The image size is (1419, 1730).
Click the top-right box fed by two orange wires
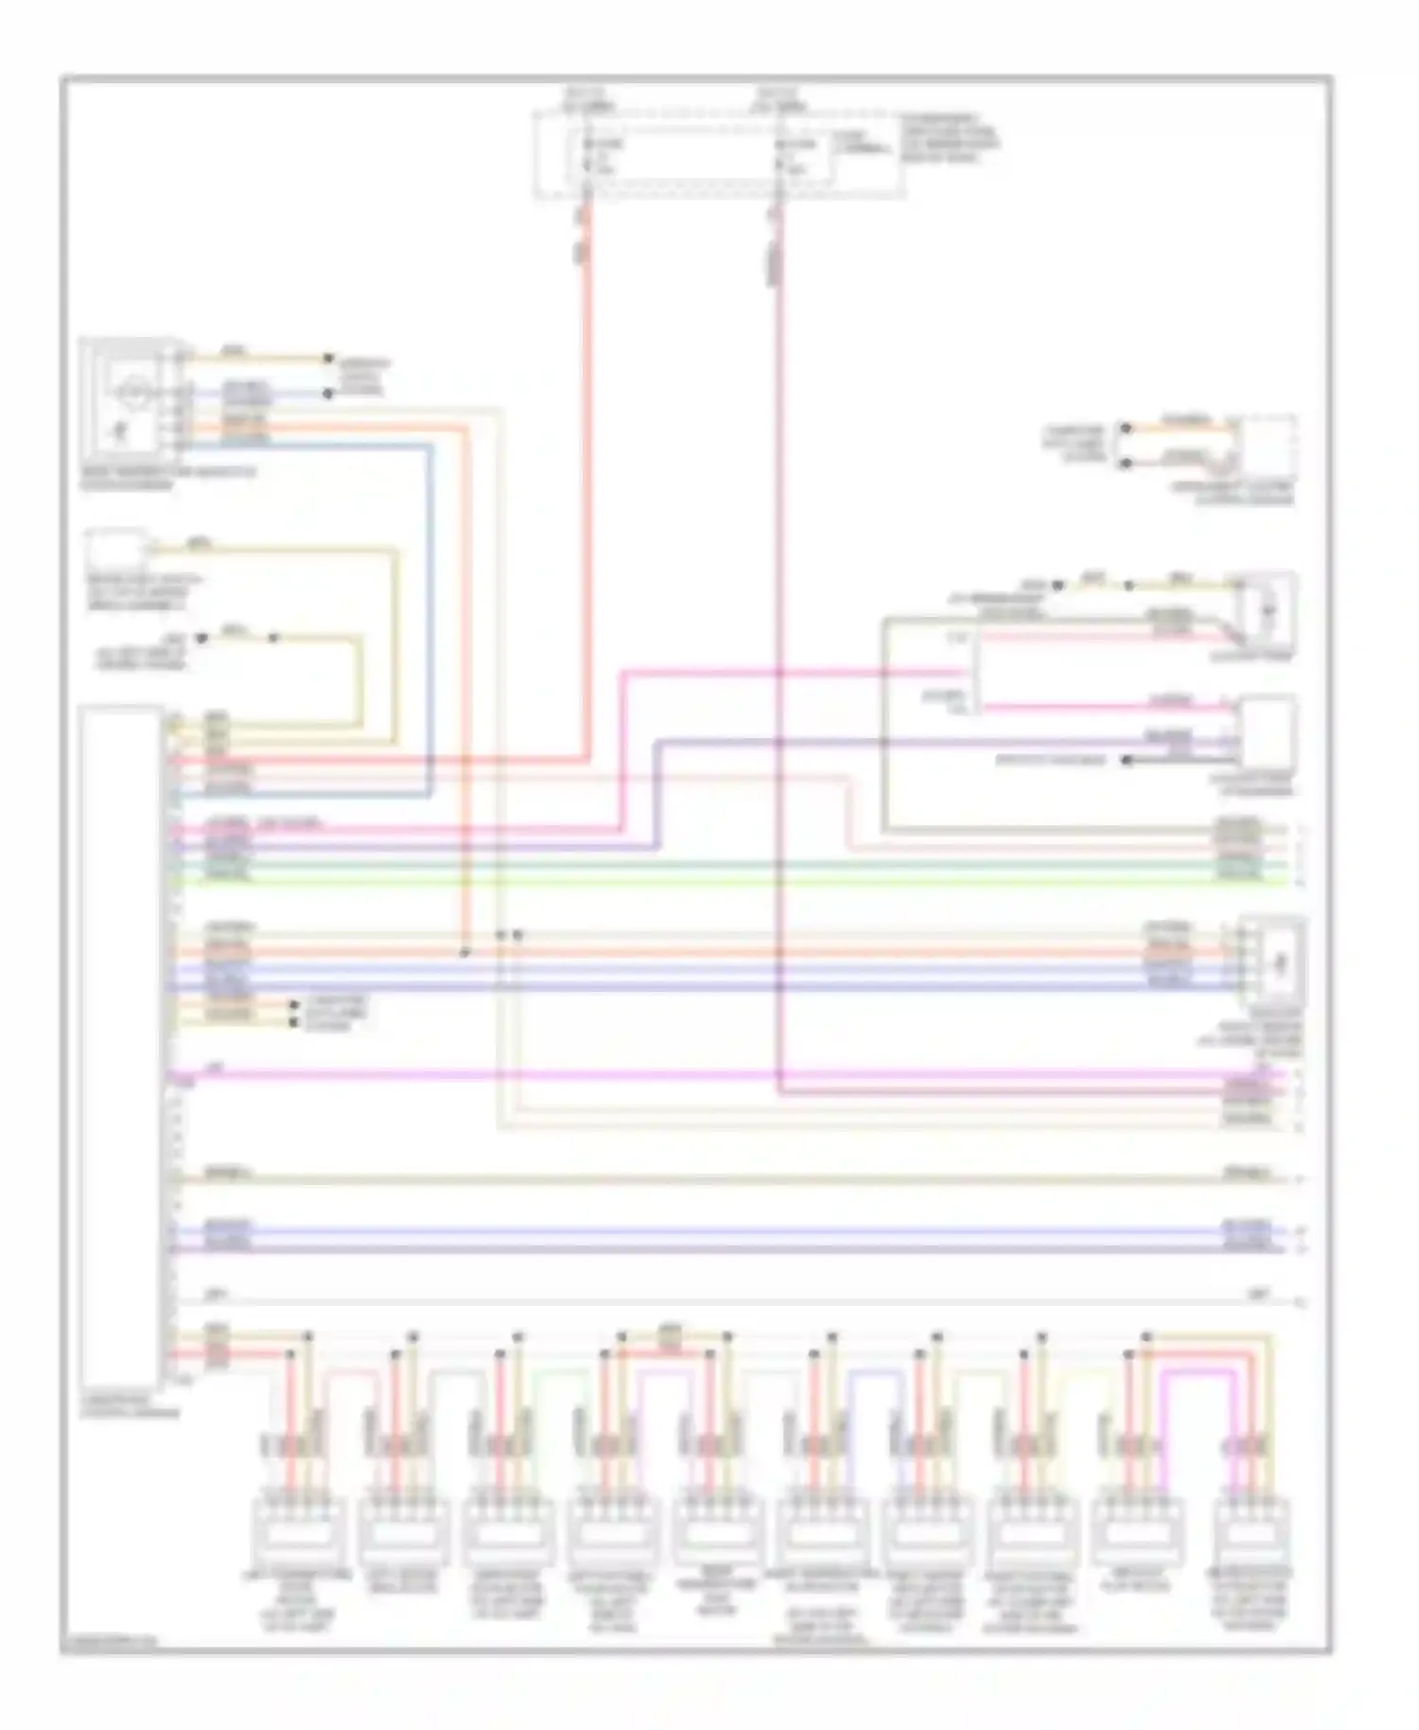pos(1268,447)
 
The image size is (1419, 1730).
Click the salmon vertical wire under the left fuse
pos(587,473)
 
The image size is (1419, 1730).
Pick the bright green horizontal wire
pos(719,882)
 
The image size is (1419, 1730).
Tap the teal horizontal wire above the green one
pos(719,865)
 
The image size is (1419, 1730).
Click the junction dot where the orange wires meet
pos(464,952)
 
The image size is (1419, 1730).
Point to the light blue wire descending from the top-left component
pos(431,615)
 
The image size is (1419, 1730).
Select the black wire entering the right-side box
pos(1182,760)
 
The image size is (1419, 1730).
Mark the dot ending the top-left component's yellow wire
pos(328,358)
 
